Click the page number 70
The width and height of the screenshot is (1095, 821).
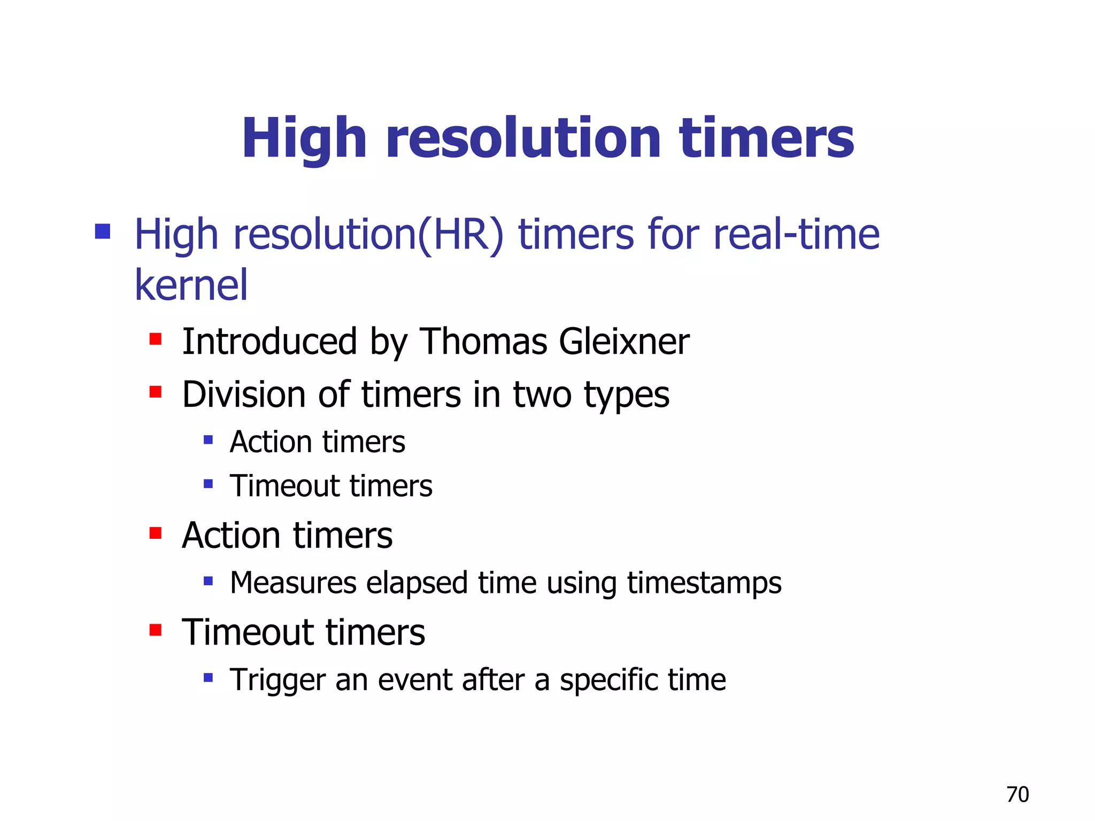point(1017,795)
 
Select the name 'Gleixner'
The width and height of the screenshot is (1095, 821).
point(624,342)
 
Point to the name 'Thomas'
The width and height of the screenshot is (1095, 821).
point(483,342)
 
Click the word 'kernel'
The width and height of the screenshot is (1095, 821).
point(191,285)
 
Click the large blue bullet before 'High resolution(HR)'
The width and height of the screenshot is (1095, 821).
point(102,232)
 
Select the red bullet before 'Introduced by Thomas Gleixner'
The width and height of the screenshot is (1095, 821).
point(156,339)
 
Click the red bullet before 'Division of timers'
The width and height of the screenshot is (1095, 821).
point(156,392)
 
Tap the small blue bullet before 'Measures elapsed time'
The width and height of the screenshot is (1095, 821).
point(209,581)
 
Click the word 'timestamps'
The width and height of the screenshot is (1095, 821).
point(704,584)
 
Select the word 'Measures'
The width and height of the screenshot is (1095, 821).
point(293,583)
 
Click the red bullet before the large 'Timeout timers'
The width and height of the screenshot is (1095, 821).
point(156,630)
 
